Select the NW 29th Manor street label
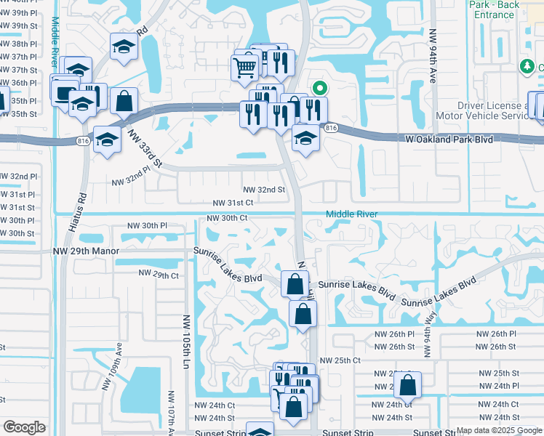[84, 251]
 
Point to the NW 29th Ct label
[159, 275]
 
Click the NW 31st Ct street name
[233, 203]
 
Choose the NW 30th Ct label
[227, 218]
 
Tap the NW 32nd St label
[263, 190]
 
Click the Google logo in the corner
[25, 427]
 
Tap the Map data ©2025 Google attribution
[499, 430]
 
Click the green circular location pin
[319, 89]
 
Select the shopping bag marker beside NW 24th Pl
[408, 385]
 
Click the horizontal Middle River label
[351, 214]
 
